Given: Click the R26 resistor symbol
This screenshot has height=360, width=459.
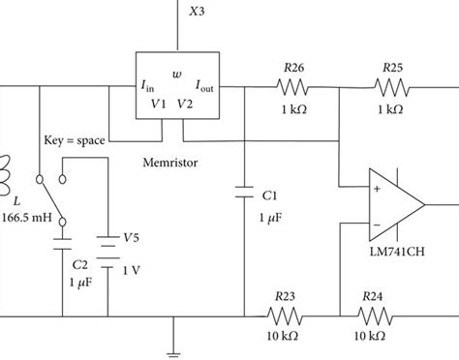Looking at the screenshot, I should click(291, 87).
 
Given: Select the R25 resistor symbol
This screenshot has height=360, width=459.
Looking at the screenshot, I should click(392, 87).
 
